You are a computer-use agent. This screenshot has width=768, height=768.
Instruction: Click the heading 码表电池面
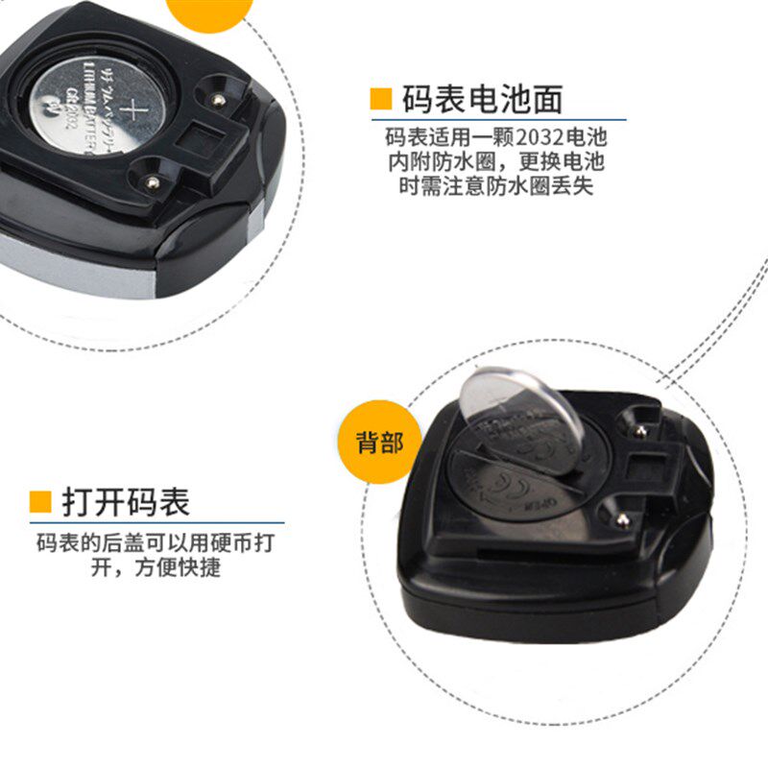coord(481,99)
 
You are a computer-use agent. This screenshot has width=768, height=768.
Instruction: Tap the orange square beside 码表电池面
coord(381,99)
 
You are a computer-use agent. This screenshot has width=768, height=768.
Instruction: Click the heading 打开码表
coord(126,501)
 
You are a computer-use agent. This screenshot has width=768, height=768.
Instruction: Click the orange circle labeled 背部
coord(380,443)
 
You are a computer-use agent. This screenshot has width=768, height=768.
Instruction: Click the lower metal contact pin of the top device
coord(151,180)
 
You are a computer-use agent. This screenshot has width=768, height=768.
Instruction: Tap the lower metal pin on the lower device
coord(621,520)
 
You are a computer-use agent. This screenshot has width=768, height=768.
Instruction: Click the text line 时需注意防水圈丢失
coord(495,186)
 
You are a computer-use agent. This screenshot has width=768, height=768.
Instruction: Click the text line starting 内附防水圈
coord(495,160)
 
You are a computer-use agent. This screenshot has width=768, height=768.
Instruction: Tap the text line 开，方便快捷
coord(155,567)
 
